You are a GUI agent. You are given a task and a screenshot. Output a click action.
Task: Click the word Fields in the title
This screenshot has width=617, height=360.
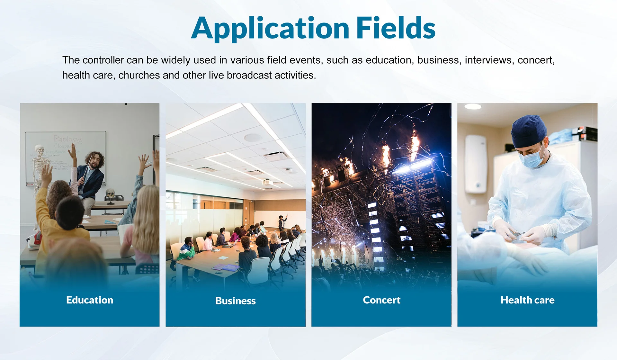(396, 28)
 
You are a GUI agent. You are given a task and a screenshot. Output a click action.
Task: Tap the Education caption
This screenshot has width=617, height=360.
(90, 300)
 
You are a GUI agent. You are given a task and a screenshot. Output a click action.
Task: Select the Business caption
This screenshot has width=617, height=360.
(236, 301)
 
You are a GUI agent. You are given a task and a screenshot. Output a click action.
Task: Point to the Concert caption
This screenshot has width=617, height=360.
(382, 300)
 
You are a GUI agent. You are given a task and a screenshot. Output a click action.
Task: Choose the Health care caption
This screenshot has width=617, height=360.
(528, 300)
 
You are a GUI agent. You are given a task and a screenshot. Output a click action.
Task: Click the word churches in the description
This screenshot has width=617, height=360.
(139, 75)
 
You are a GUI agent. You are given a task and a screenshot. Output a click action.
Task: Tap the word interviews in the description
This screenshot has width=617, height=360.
(488, 60)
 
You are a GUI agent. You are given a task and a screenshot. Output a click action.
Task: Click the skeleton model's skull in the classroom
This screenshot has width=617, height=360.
(39, 149)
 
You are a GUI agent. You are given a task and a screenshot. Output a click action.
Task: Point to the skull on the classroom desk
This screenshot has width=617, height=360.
(110, 193)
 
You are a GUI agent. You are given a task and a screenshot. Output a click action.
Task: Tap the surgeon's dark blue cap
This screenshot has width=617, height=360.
(529, 131)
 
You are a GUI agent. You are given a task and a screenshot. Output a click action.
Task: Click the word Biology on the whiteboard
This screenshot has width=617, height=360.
(68, 139)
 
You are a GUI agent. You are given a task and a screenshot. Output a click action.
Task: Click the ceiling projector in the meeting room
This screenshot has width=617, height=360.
(267, 182)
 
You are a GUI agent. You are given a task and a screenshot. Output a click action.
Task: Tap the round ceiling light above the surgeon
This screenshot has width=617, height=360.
(473, 106)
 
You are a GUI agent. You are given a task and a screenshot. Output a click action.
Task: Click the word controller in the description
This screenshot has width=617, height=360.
(102, 60)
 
